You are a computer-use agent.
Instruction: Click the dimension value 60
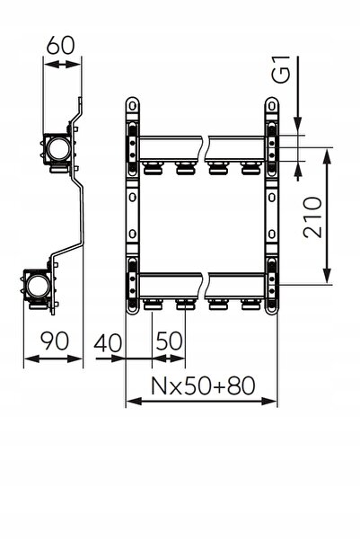pyautogui.click(x=60, y=45)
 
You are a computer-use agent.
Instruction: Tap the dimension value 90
pyautogui.click(x=55, y=341)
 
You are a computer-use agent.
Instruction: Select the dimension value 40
pyautogui.click(x=108, y=343)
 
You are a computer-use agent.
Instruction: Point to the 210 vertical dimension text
pyautogui.click(x=312, y=217)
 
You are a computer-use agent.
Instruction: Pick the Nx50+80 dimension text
pyautogui.click(x=203, y=385)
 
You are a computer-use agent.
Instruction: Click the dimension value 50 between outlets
pyautogui.click(x=170, y=341)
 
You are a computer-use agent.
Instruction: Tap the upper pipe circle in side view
pyautogui.click(x=58, y=149)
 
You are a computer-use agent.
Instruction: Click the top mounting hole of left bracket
pyautogui.click(x=132, y=106)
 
